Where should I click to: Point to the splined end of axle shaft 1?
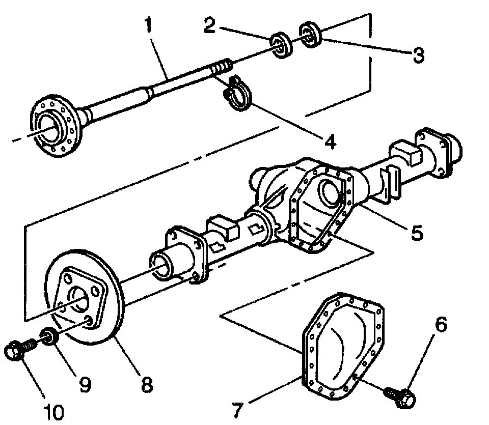click(x=222, y=67)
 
